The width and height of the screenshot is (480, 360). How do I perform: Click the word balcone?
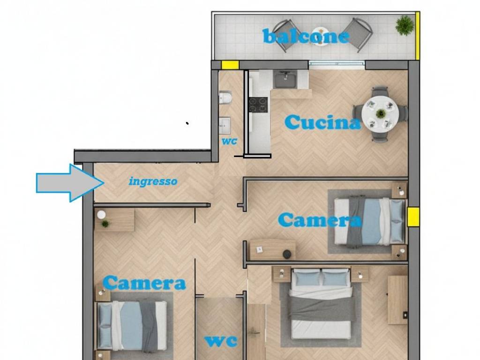click(306, 36)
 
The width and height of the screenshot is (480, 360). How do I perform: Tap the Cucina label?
click(322, 123)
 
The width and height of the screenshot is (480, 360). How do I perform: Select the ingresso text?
click(153, 181)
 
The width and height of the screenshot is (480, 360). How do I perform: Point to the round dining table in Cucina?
click(380, 113)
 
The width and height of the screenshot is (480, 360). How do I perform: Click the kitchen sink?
click(284, 80)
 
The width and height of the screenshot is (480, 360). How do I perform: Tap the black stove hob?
click(258, 105)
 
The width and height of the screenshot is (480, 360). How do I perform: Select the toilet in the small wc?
click(225, 97)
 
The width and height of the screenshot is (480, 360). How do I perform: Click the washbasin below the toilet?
click(225, 125)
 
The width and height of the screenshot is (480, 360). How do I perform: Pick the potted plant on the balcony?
click(404, 25)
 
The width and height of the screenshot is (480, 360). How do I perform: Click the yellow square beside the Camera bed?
click(413, 217)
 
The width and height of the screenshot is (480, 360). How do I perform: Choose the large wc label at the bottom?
click(220, 341)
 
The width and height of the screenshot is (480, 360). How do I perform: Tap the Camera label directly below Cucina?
click(320, 220)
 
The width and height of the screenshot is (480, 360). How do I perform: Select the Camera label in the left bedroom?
click(144, 283)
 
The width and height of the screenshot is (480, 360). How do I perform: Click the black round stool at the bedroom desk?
click(287, 254)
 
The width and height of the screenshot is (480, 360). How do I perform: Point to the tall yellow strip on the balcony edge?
click(417, 35)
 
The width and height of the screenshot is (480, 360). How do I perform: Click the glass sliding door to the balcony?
click(337, 64)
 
